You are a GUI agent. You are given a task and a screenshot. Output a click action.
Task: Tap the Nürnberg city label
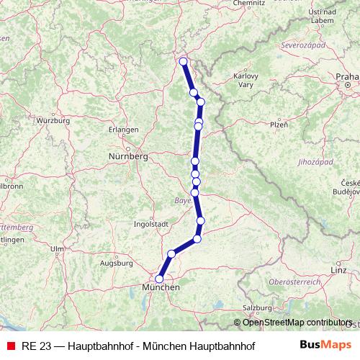pos(127,156)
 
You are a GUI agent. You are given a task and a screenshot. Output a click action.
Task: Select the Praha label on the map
pos(346,76)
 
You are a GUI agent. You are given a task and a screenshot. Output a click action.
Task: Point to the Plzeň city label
pos(258,125)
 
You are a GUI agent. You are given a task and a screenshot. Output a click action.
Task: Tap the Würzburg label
pos(52,120)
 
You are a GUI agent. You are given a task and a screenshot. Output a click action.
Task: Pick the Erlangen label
pos(122,130)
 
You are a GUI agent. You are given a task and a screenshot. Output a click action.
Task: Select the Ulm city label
pos(57,248)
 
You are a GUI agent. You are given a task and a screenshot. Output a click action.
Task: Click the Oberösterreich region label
pos(293,281)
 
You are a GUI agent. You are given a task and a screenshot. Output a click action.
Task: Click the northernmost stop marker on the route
pos(183,61)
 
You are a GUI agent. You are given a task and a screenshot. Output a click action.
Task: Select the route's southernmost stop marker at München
pos(159,279)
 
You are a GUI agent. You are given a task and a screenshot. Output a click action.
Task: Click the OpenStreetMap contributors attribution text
pos(297,322)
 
